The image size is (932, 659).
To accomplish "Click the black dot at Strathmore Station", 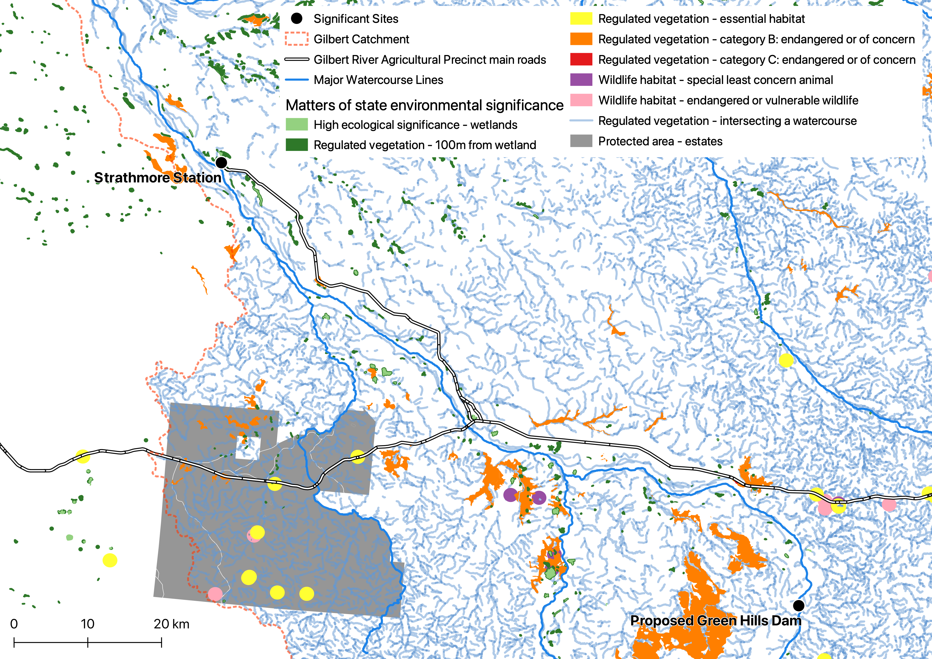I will click(x=221, y=163).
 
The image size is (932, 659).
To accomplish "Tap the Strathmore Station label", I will click(x=158, y=178).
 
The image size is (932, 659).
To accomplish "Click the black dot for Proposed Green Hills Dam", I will click(x=798, y=605).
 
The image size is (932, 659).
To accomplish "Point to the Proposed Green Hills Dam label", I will click(x=716, y=620).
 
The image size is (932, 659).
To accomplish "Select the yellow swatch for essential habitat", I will click(x=581, y=19).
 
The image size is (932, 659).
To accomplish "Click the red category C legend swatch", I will click(x=581, y=60).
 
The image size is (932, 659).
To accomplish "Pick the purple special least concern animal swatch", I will click(x=581, y=80).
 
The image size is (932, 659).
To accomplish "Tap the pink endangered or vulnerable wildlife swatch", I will click(x=581, y=100).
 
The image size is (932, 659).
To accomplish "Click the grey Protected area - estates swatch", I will click(x=581, y=141).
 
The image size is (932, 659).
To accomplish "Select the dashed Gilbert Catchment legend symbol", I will click(x=297, y=39).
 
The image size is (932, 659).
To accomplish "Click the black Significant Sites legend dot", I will click(x=297, y=19).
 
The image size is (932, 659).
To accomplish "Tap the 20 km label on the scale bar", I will click(x=171, y=624).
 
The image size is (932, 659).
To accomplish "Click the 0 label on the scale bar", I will click(x=14, y=624).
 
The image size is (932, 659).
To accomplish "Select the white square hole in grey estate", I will click(x=248, y=448).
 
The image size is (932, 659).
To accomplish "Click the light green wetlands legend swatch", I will click(x=297, y=125).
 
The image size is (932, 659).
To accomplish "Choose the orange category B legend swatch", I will click(x=581, y=39).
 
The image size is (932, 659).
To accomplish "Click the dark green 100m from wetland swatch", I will click(x=297, y=145).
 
